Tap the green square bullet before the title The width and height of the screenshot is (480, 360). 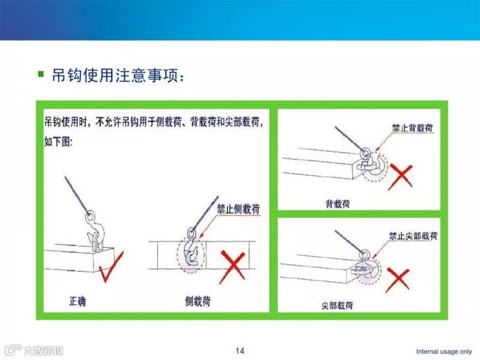[x=41, y=75]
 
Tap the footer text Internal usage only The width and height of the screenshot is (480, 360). [x=444, y=352]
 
